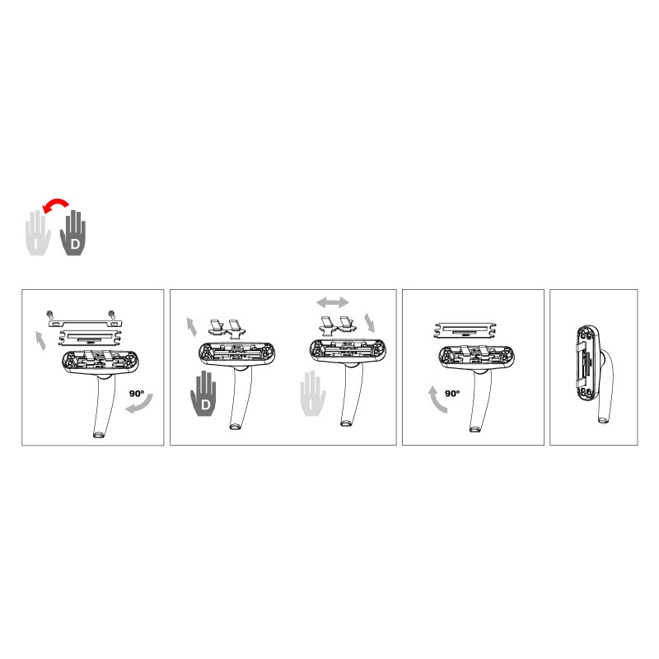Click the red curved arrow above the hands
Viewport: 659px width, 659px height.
55,201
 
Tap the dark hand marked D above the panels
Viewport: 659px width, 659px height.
73,233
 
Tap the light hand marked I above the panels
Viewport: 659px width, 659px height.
38,233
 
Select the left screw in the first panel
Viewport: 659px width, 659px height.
50,314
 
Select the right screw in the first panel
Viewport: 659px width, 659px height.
111,314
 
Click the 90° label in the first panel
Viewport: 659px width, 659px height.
137,394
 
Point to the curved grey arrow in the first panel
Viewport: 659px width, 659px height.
140,404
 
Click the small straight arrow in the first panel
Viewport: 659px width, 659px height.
40,340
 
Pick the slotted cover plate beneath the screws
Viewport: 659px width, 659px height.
86,324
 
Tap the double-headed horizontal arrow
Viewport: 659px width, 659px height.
333,301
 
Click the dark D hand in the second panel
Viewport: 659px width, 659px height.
204,394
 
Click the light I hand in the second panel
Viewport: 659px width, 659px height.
313,394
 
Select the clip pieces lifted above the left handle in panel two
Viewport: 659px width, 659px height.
226,327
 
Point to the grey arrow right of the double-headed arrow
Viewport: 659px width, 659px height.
370,322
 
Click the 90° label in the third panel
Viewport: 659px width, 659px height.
452,394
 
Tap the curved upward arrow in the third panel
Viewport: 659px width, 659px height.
437,400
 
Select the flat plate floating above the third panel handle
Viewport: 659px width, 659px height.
465,330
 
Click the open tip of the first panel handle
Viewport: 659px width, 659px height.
98,435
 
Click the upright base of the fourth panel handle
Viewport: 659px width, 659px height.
587,362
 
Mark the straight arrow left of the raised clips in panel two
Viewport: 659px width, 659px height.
191,327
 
